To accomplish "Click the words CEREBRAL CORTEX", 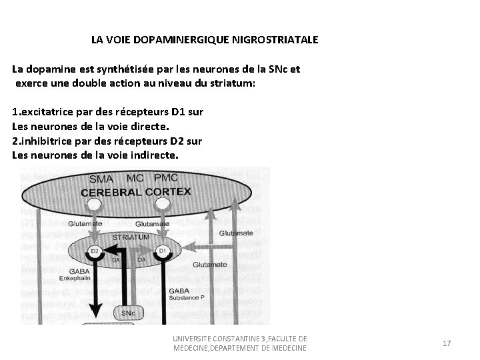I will click(x=136, y=192).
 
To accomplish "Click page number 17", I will click(x=447, y=343).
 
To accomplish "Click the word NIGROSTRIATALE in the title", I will click(x=275, y=40).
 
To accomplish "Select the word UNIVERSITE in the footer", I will click(x=191, y=339).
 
